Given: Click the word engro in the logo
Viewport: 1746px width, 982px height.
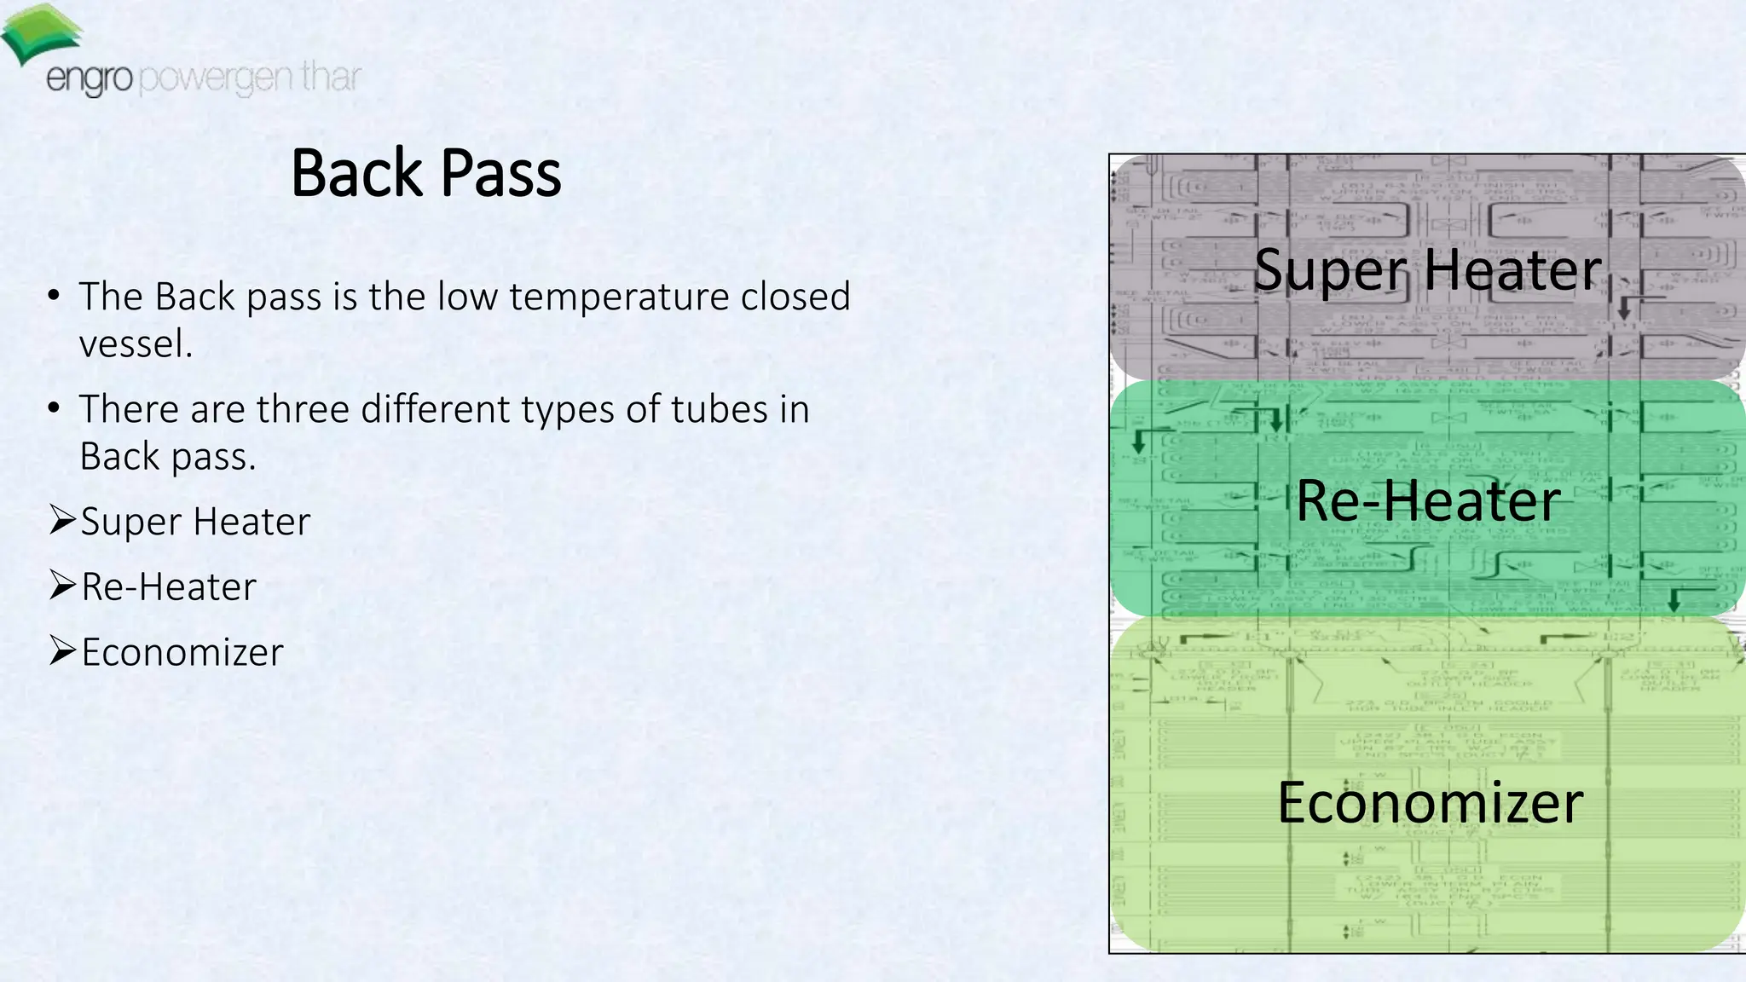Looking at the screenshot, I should pos(89,80).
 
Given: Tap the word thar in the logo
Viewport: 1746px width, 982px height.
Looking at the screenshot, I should pos(331,77).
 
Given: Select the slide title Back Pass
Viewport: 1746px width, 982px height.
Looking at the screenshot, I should pos(426,173).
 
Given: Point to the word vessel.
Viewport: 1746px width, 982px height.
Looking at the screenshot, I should pos(136,344).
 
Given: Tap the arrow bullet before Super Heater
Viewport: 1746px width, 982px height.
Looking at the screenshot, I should pos(62,519).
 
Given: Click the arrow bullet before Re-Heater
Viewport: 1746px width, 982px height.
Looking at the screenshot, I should pos(62,585).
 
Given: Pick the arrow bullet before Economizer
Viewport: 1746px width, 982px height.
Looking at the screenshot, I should pos(62,650).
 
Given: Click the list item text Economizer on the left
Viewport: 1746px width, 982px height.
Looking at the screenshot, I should pos(182,652).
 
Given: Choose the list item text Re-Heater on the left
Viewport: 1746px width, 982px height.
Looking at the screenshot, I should pos(169,587).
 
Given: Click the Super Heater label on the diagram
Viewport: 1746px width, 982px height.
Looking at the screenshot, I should pos(1427,270).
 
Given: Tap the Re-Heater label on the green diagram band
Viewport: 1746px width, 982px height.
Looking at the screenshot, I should pos(1428,500).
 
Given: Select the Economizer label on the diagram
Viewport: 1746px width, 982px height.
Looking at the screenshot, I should pos(1430,802).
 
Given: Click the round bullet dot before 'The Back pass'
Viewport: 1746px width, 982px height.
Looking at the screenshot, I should pos(54,296).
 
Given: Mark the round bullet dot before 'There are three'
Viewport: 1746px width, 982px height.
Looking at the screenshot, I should pos(54,408).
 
